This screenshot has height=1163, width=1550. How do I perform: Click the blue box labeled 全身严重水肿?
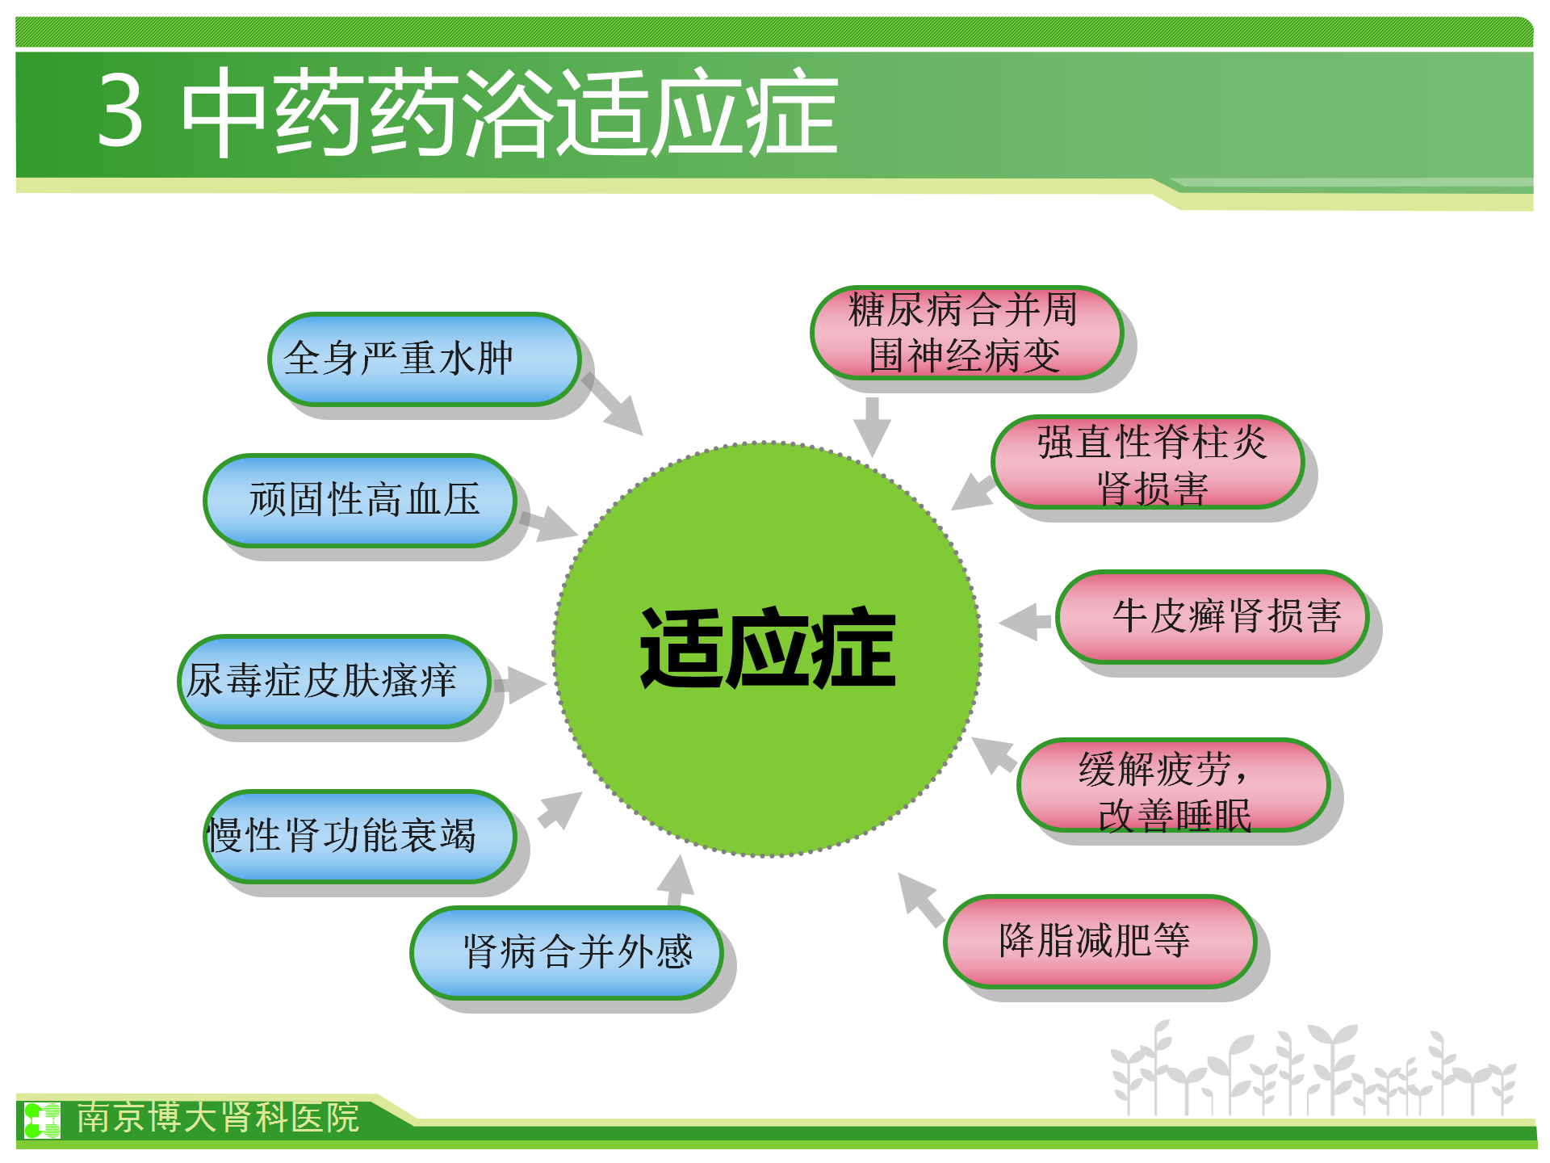[x=424, y=359]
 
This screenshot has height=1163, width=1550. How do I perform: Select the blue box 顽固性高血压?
[x=359, y=500]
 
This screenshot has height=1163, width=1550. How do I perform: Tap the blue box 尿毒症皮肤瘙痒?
[x=333, y=681]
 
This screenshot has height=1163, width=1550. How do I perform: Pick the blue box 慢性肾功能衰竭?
[x=359, y=836]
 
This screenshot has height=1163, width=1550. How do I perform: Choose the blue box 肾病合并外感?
[x=566, y=952]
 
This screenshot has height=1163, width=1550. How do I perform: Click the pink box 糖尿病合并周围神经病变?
[x=966, y=332]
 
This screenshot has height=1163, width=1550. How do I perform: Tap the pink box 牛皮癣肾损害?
[x=1212, y=616]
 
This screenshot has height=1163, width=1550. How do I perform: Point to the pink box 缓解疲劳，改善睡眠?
[x=1173, y=784]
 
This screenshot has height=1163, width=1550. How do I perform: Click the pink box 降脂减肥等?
[x=1100, y=941]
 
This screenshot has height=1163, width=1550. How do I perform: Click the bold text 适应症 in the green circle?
[x=768, y=649]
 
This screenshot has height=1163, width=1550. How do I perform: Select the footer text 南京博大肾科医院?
[x=218, y=1117]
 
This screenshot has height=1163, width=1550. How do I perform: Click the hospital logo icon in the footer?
[x=42, y=1120]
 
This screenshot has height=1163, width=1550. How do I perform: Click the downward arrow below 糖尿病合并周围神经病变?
[x=872, y=427]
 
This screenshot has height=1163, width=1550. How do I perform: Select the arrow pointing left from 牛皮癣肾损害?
[x=1025, y=622]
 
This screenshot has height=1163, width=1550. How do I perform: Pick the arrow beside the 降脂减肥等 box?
[x=920, y=900]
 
